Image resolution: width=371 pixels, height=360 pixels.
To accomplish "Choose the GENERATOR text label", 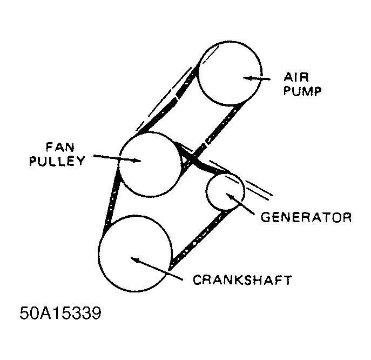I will coord(306,217).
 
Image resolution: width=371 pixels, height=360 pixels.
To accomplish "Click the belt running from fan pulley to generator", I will coord(200,162).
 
